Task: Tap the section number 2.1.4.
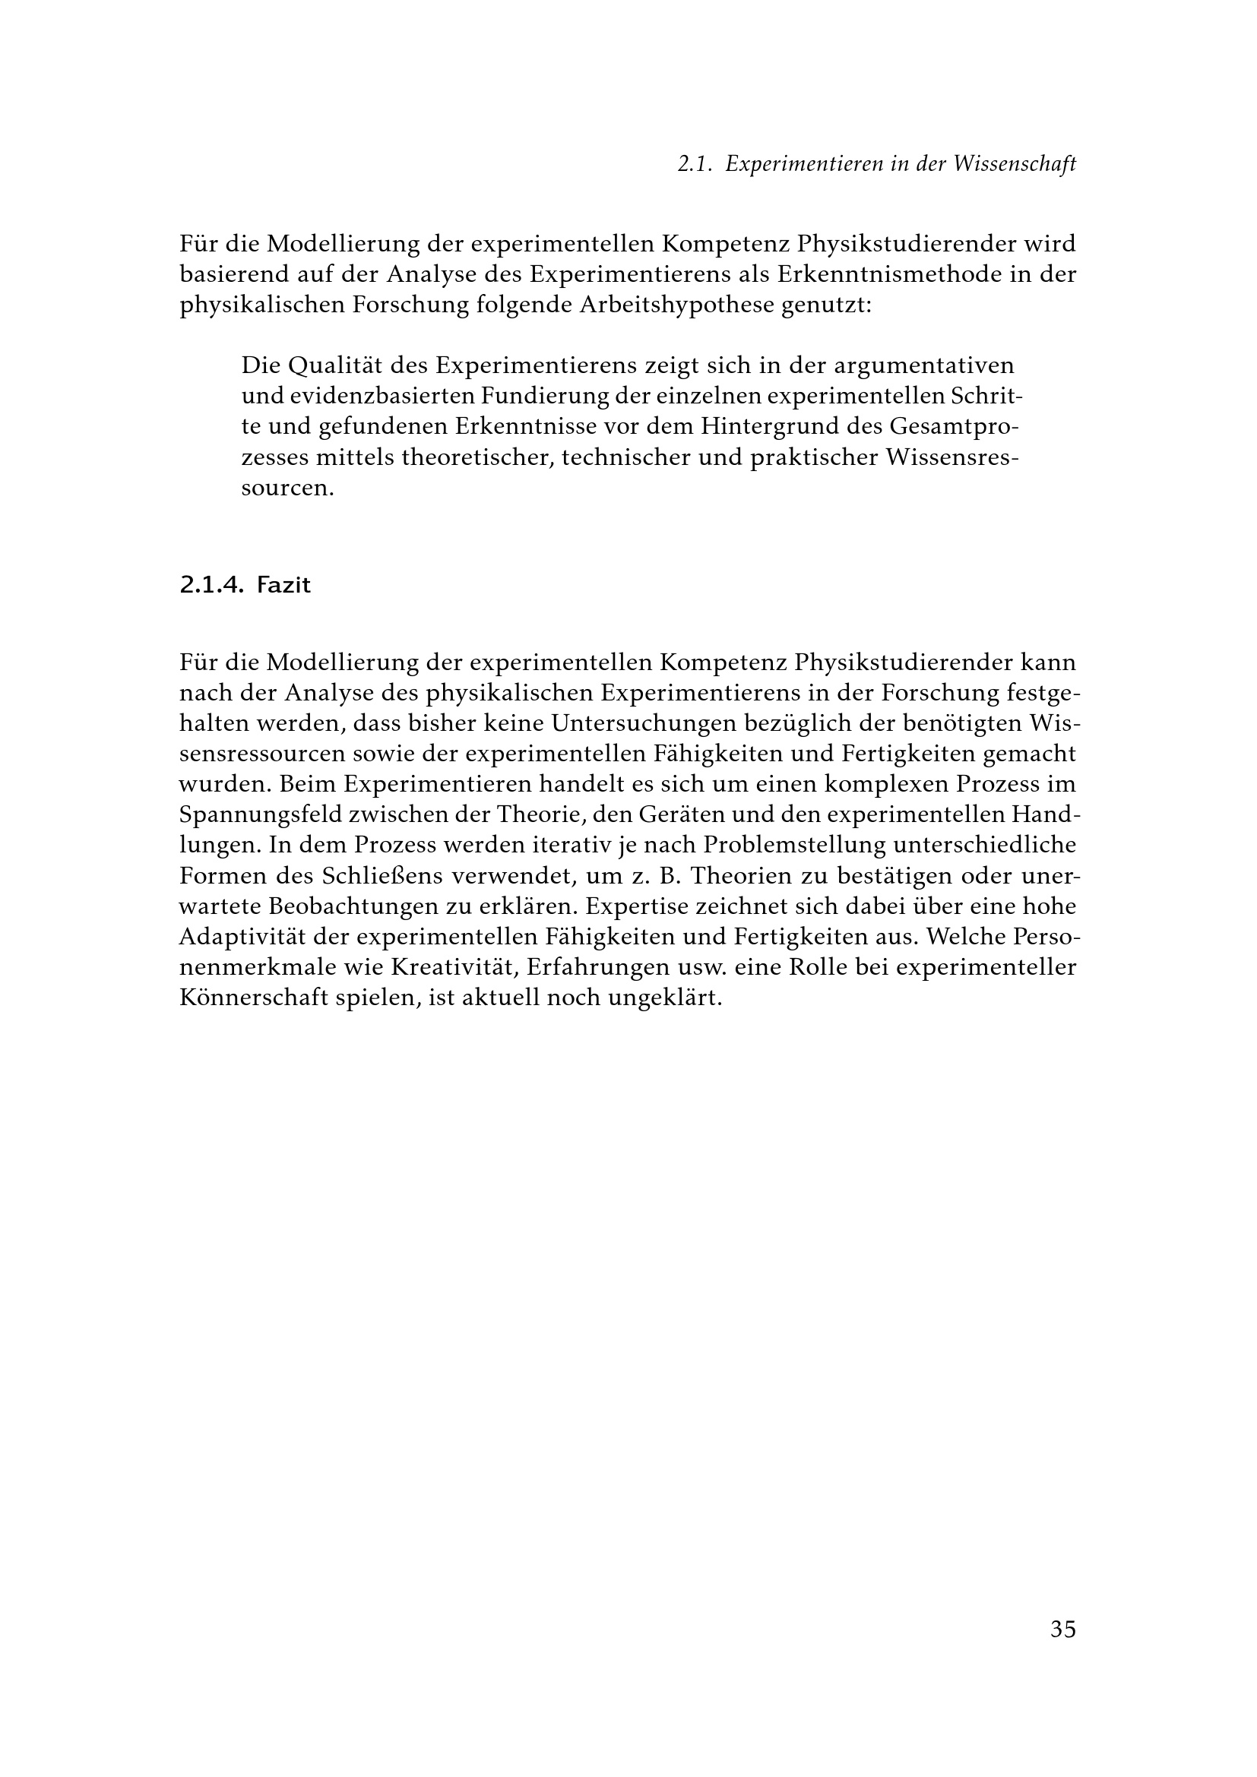[x=211, y=585]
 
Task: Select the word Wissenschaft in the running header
[x=1015, y=164]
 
